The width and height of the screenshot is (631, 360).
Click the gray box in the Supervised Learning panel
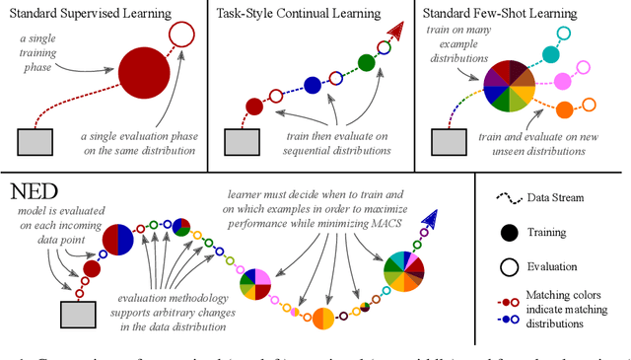click(36, 141)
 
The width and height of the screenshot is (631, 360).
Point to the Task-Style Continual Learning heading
click(314, 14)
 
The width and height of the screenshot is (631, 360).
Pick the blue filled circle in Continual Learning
click(313, 85)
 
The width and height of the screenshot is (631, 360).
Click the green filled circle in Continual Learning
click(365, 62)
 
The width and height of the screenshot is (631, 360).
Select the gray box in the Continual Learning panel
click(240, 141)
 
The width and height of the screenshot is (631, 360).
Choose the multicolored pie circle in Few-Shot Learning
click(504, 86)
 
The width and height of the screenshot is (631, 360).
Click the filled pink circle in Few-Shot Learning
click(565, 80)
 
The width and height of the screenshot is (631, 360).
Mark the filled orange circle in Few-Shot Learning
click(565, 108)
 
